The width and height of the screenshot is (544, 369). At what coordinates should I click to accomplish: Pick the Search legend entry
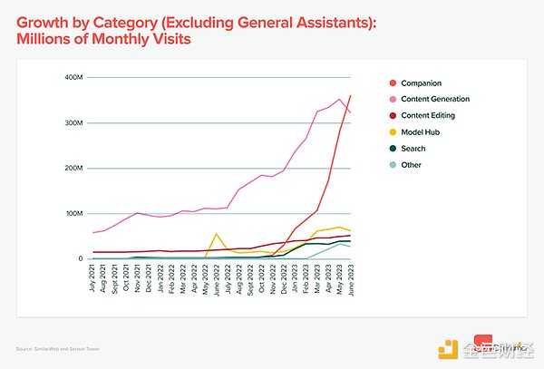tap(414, 149)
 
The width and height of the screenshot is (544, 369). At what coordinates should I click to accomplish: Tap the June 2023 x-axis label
tap(350, 276)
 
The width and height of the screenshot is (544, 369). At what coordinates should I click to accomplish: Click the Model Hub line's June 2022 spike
tap(216, 234)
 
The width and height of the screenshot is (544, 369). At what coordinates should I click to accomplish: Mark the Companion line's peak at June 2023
tap(351, 95)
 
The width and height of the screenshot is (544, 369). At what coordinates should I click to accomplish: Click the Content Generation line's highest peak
tap(339, 100)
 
